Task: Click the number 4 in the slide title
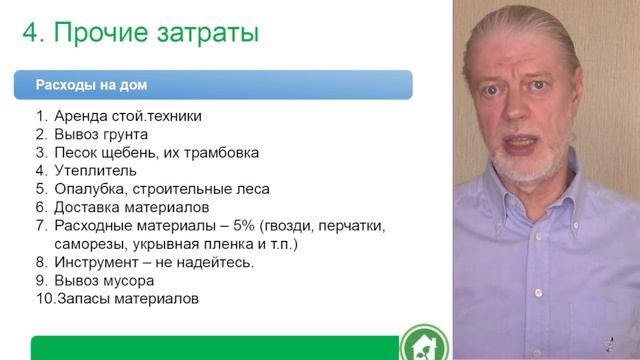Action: click(x=30, y=33)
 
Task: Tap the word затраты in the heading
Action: click(x=208, y=33)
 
